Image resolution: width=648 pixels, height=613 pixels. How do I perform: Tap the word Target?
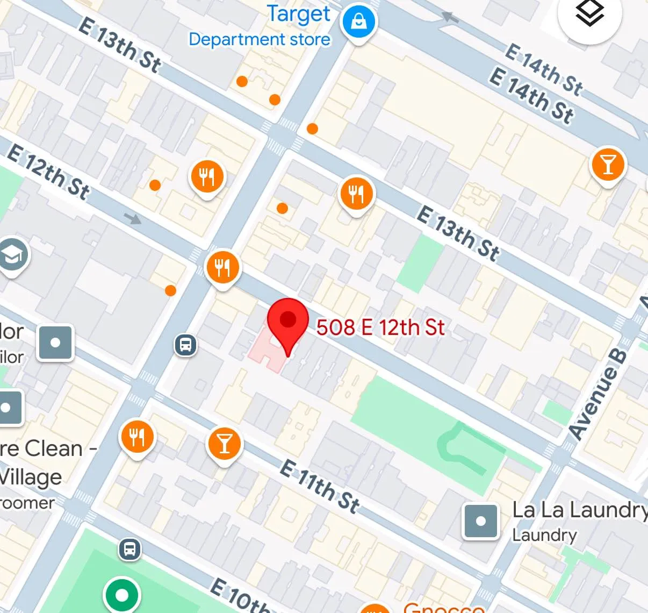click(x=299, y=15)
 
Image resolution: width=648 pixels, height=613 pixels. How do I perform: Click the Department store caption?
click(x=260, y=40)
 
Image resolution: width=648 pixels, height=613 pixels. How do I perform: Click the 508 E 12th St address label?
click(x=380, y=327)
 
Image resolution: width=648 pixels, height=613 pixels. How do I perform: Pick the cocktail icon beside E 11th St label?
click(x=225, y=444)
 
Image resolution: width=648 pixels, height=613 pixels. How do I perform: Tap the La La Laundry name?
click(x=579, y=510)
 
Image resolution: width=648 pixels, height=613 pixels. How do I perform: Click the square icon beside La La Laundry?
click(x=480, y=521)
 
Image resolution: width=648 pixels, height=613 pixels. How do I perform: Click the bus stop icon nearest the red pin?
click(x=186, y=344)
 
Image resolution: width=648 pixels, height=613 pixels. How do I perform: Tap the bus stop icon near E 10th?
click(x=129, y=549)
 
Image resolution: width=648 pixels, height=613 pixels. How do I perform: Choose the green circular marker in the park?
click(x=122, y=595)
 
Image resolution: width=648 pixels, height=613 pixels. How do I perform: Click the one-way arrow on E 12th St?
click(x=133, y=218)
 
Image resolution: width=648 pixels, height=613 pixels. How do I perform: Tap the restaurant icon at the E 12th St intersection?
click(x=222, y=267)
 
